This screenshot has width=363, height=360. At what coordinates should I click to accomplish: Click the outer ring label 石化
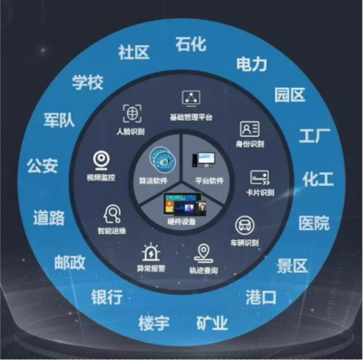pyautogui.click(x=192, y=43)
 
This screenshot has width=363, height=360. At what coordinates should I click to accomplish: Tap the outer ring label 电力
pyautogui.click(x=251, y=63)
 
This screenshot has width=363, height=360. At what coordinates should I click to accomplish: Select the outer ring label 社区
pyautogui.click(x=133, y=52)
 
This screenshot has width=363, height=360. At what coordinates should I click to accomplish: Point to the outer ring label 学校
pyautogui.click(x=88, y=83)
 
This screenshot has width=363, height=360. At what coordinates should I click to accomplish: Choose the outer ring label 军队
pyautogui.click(x=60, y=121)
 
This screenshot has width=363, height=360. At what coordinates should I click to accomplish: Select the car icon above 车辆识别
pyautogui.click(x=244, y=226)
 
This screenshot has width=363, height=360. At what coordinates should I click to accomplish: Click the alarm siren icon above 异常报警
pyautogui.click(x=145, y=251)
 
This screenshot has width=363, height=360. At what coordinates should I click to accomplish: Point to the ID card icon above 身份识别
pyautogui.click(x=249, y=129)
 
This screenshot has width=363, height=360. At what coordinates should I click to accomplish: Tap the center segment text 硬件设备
pyautogui.click(x=181, y=220)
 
